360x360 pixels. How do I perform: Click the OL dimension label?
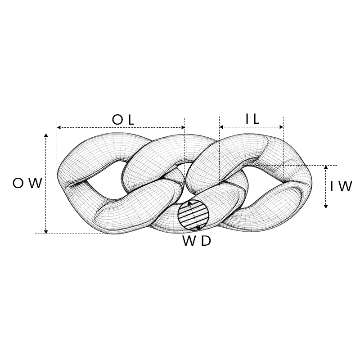click(x=123, y=120)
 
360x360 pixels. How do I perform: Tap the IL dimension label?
click(x=252, y=119)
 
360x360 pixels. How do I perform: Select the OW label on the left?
click(x=27, y=183)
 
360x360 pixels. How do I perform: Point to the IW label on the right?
click(x=341, y=186)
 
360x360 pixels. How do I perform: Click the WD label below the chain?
click(x=197, y=241)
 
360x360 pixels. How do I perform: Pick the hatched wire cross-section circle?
click(x=193, y=215)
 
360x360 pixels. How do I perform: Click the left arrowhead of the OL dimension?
click(x=59, y=127)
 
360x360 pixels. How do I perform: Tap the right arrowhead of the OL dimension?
click(x=183, y=127)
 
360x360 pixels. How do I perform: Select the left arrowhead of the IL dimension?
click(x=221, y=127)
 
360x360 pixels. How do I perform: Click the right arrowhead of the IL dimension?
click(x=282, y=127)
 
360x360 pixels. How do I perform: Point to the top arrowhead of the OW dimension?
click(x=46, y=135)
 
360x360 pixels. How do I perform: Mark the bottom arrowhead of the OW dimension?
click(x=46, y=232)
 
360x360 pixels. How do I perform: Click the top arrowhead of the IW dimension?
click(x=326, y=167)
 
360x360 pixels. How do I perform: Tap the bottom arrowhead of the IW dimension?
click(x=326, y=207)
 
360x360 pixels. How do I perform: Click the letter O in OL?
click(x=117, y=120)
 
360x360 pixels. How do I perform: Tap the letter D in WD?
click(x=206, y=241)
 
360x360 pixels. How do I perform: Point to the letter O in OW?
click(x=18, y=183)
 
